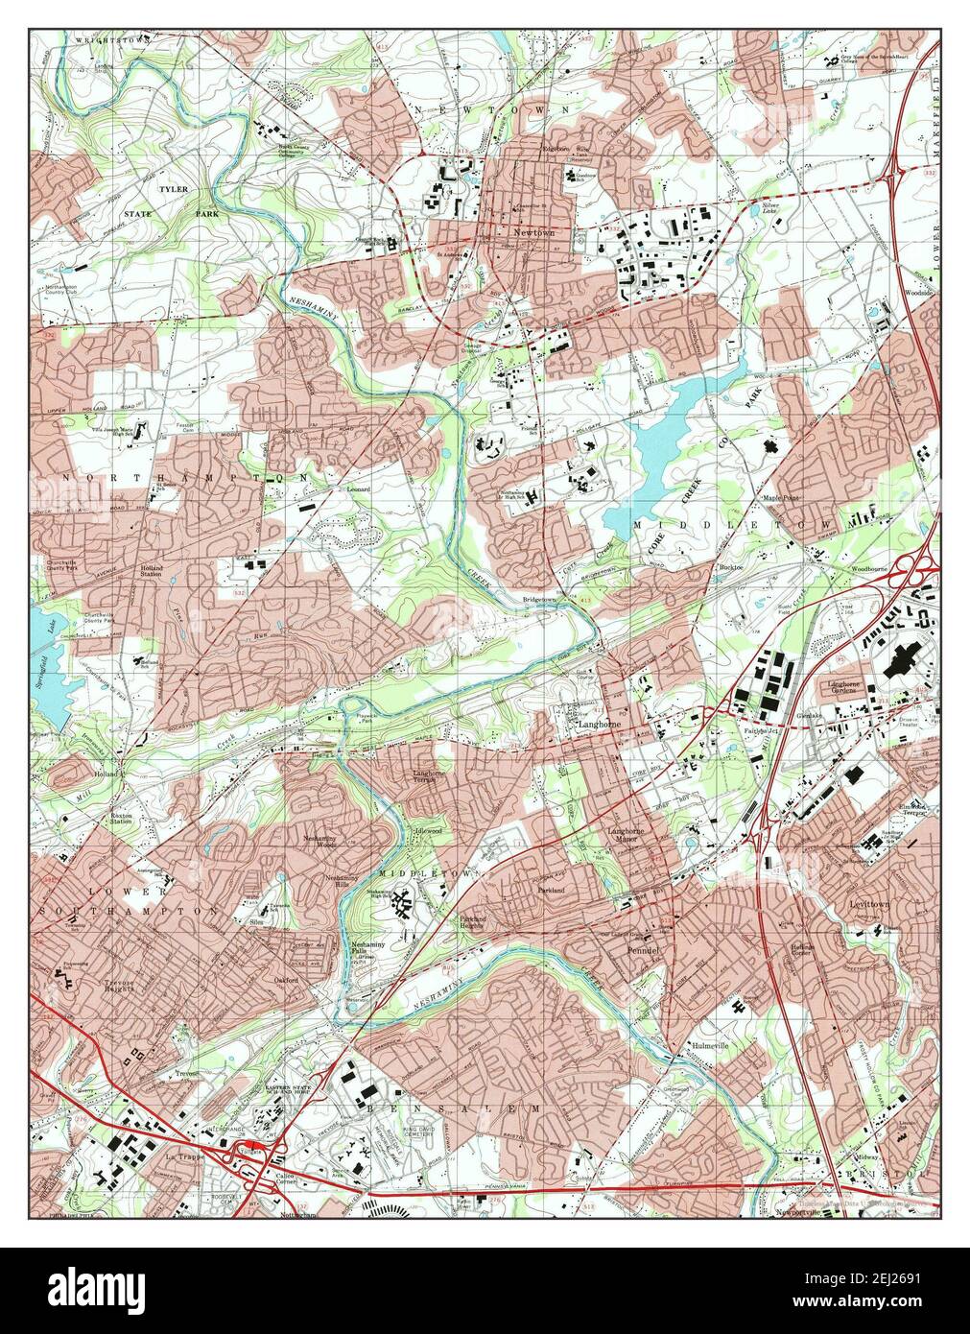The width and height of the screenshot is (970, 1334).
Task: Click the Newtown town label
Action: [x=534, y=233]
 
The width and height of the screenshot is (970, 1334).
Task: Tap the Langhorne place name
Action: [x=598, y=727]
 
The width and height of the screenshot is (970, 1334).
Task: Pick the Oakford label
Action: [x=290, y=980]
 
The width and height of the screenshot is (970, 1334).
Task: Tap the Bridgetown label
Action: [x=539, y=599]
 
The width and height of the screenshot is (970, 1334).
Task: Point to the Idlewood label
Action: [x=427, y=829]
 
